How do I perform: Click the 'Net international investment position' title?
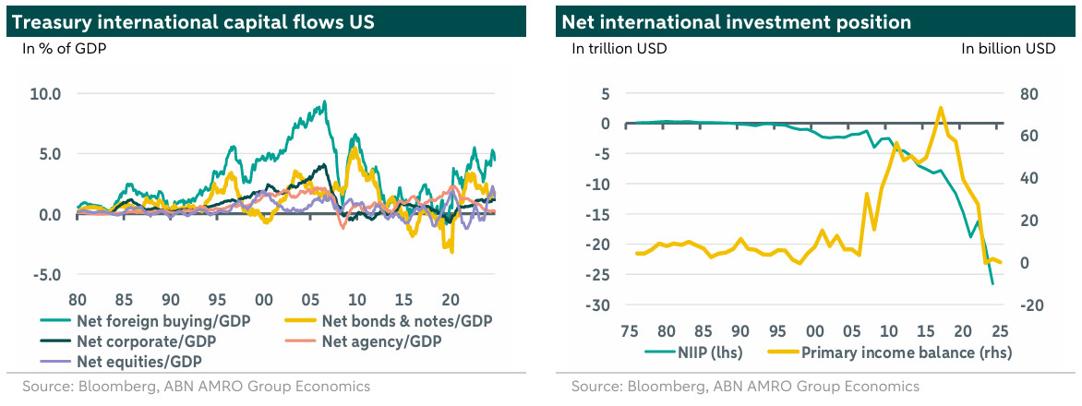[x=736, y=21]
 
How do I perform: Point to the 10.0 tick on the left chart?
[x=45, y=93]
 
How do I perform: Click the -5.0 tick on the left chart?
[x=45, y=274]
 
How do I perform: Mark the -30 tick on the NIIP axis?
[x=600, y=305]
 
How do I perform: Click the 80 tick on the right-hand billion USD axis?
[x=1028, y=93]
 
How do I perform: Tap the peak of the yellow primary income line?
[x=940, y=108]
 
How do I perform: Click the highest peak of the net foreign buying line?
[x=323, y=102]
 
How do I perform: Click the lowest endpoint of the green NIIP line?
[x=992, y=283]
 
